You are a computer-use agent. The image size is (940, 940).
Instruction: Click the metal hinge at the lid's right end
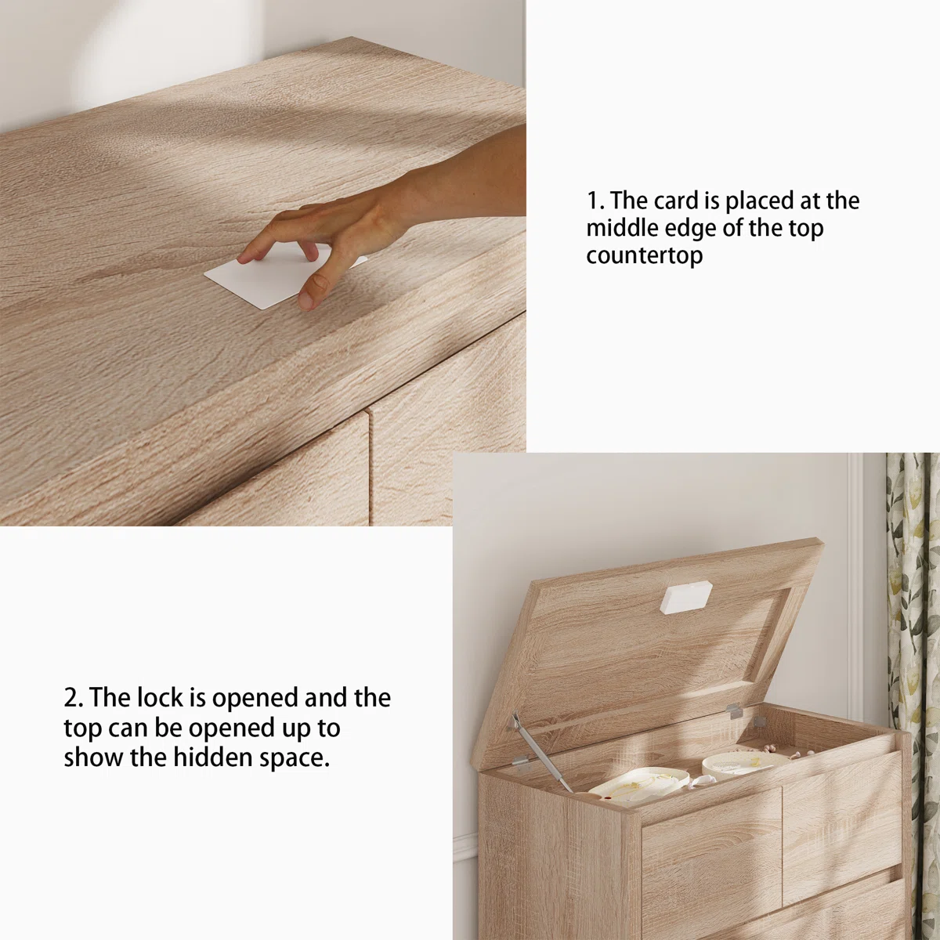pyautogui.click(x=734, y=710)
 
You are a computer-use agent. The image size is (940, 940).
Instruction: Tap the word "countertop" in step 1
pyautogui.click(x=645, y=255)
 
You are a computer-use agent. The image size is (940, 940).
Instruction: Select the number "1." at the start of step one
pyautogui.click(x=595, y=201)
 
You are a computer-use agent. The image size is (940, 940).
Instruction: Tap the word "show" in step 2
pyautogui.click(x=93, y=757)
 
